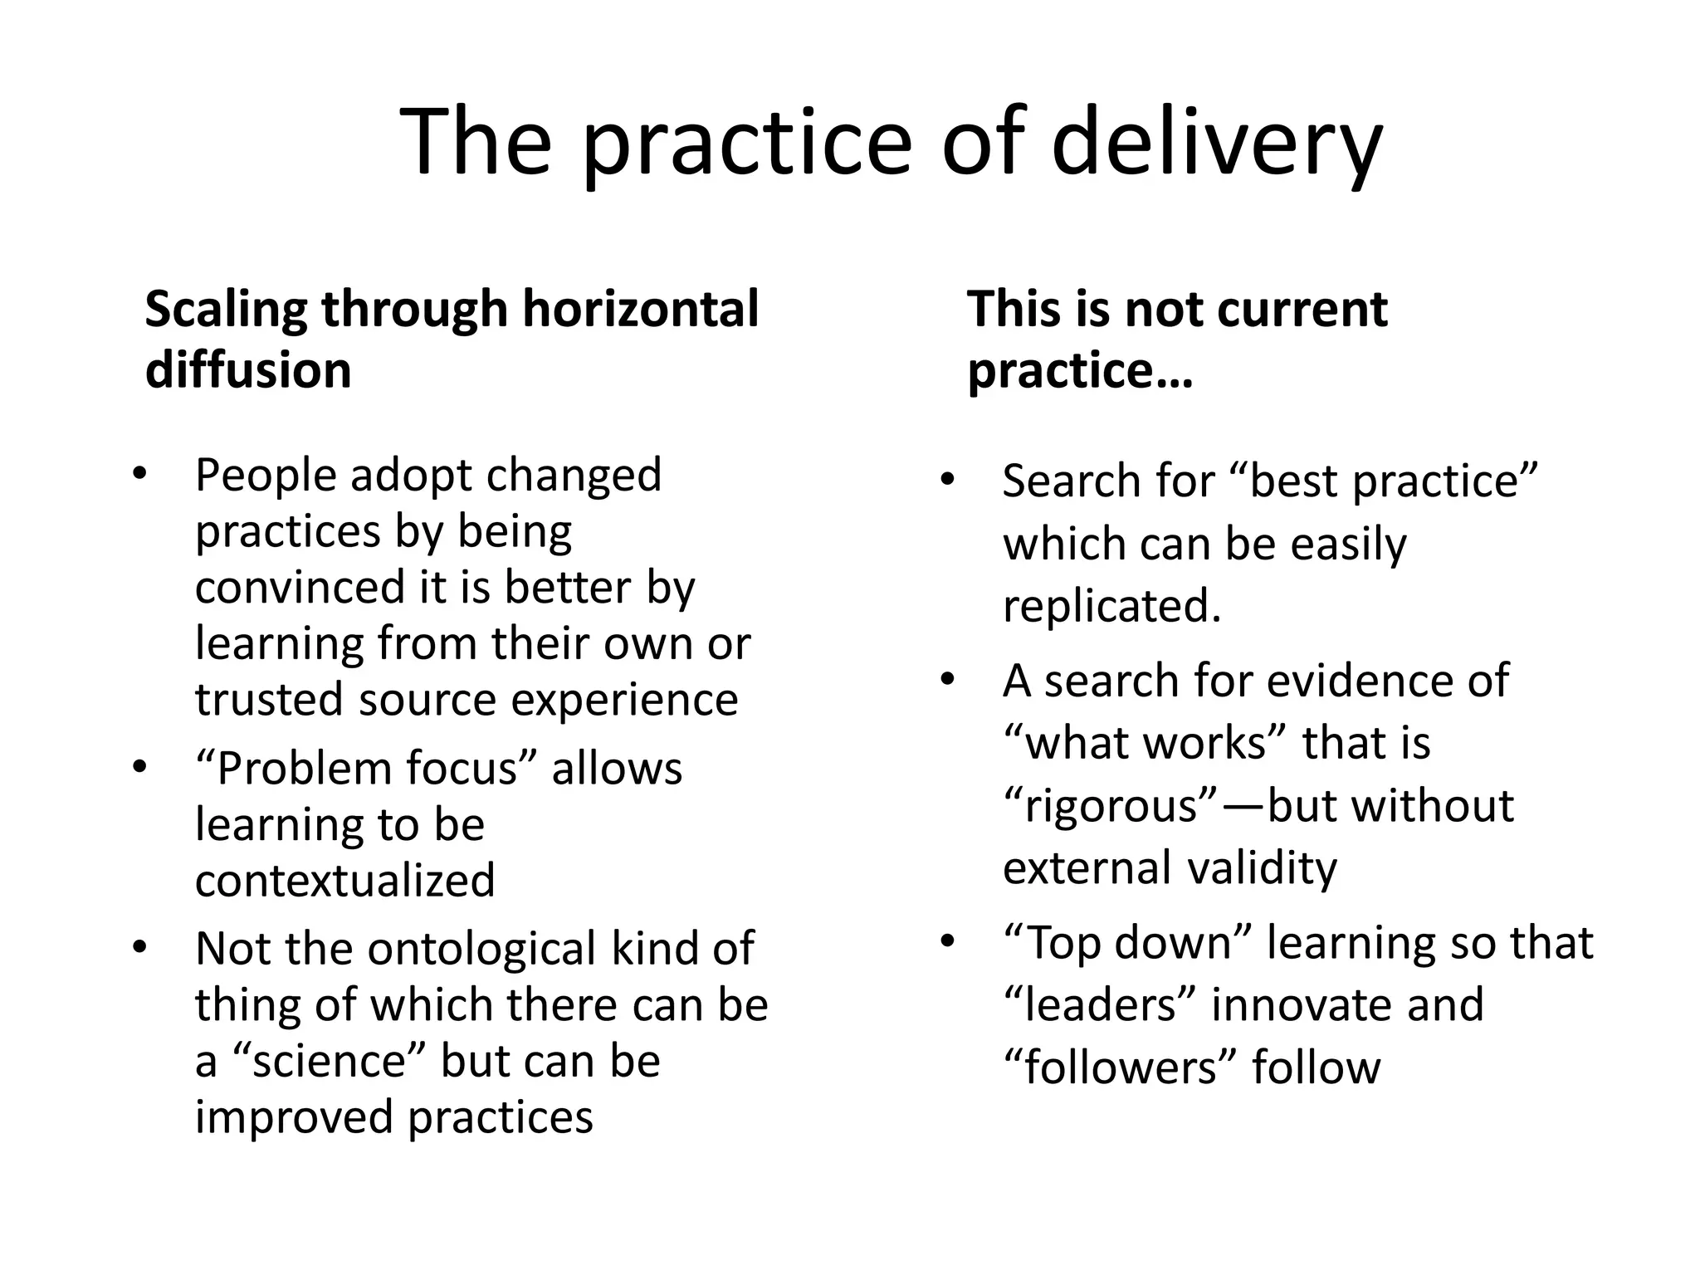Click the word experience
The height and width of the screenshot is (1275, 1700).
click(x=624, y=700)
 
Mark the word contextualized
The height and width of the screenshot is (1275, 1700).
click(x=344, y=880)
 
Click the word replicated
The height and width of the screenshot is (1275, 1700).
click(x=1111, y=606)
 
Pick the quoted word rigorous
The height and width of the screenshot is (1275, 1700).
click(x=1112, y=806)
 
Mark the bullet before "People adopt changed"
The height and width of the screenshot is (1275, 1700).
click(x=139, y=475)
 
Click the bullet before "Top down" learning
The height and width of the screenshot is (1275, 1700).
click(x=947, y=942)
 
